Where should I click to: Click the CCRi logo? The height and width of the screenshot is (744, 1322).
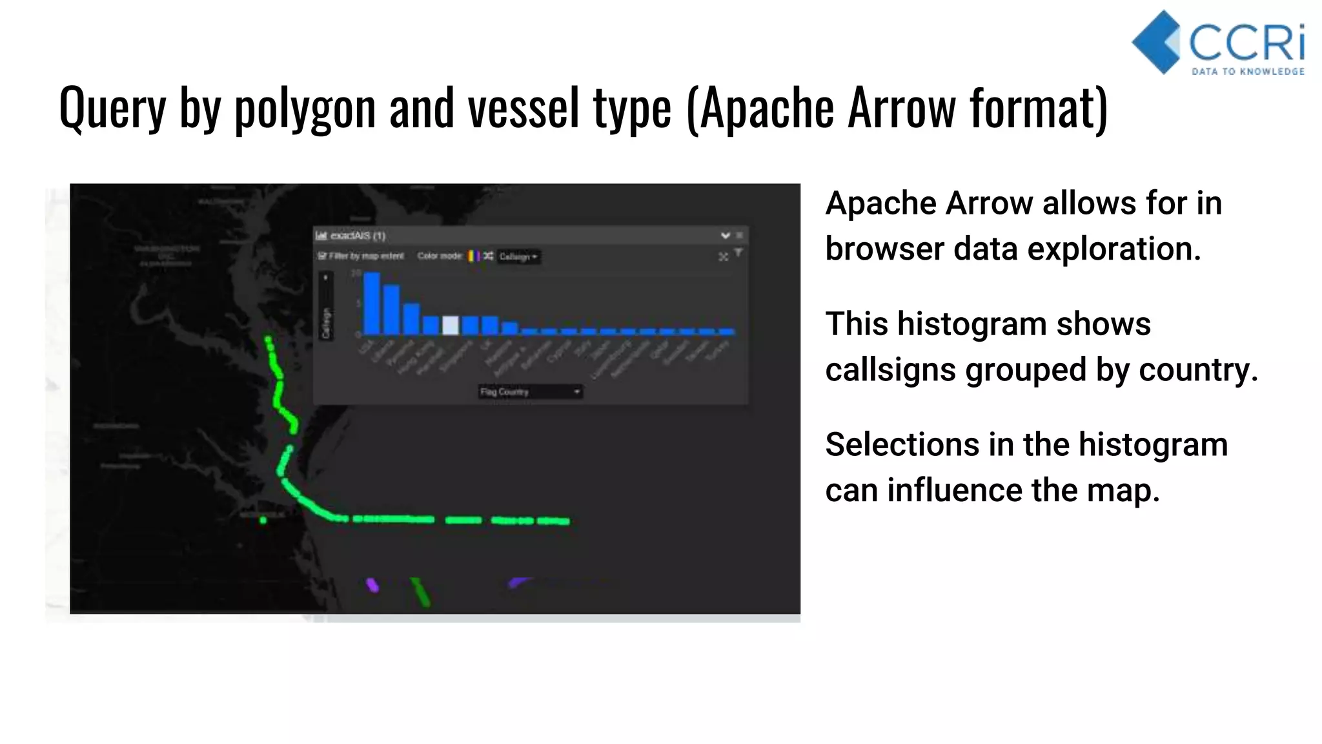1219,43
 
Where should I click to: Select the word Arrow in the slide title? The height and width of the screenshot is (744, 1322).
901,108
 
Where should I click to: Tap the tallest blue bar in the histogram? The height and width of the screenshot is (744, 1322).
372,303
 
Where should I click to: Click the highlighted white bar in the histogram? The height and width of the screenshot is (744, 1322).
451,325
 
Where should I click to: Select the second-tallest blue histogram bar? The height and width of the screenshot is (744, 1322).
391,309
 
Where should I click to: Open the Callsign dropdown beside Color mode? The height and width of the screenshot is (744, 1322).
518,256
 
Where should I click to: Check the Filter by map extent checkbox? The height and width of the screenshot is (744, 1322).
322,256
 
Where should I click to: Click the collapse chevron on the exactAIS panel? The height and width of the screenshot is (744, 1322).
725,236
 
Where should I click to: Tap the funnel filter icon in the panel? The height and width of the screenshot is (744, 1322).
738,253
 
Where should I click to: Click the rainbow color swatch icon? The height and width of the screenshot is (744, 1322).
473,256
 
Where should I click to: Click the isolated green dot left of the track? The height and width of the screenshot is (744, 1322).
263,520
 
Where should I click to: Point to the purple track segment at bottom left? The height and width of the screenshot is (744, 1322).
372,585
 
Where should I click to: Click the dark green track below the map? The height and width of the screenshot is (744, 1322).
420,591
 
